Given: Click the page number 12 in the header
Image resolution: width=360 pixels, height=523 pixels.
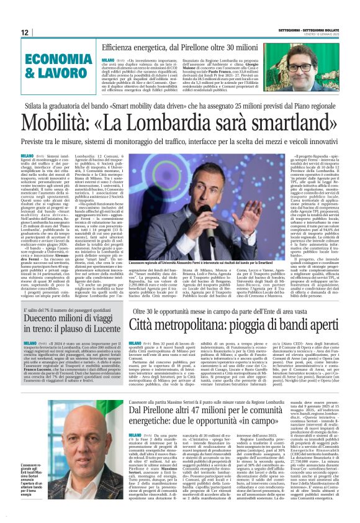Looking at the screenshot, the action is tap(24, 32).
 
